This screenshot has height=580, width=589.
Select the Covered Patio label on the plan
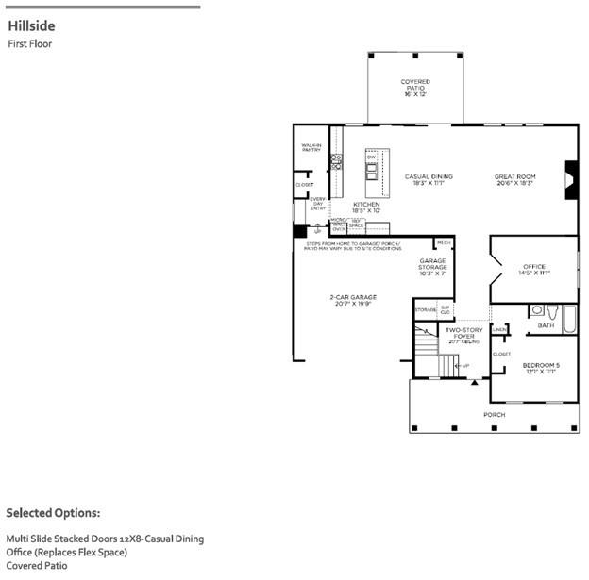point(415,88)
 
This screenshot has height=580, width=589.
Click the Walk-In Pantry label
point(311,148)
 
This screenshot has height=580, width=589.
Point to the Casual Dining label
point(429,178)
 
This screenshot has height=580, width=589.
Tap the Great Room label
point(514,178)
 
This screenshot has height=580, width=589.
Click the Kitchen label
point(366,207)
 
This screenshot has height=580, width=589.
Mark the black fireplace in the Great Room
point(570,178)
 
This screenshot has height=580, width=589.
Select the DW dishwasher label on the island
point(372,157)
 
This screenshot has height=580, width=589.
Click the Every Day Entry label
point(317,204)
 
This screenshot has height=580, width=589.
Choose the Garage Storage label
point(433,269)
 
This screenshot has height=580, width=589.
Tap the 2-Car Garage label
point(353,300)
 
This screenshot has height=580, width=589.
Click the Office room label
point(534,270)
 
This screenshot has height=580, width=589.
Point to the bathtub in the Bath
point(570,319)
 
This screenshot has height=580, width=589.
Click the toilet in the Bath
point(536,309)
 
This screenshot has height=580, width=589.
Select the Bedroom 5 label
point(541,367)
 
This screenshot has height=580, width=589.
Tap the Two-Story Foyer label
point(464,333)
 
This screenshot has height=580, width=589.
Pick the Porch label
point(494,414)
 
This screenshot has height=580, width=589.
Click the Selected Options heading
point(53,513)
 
